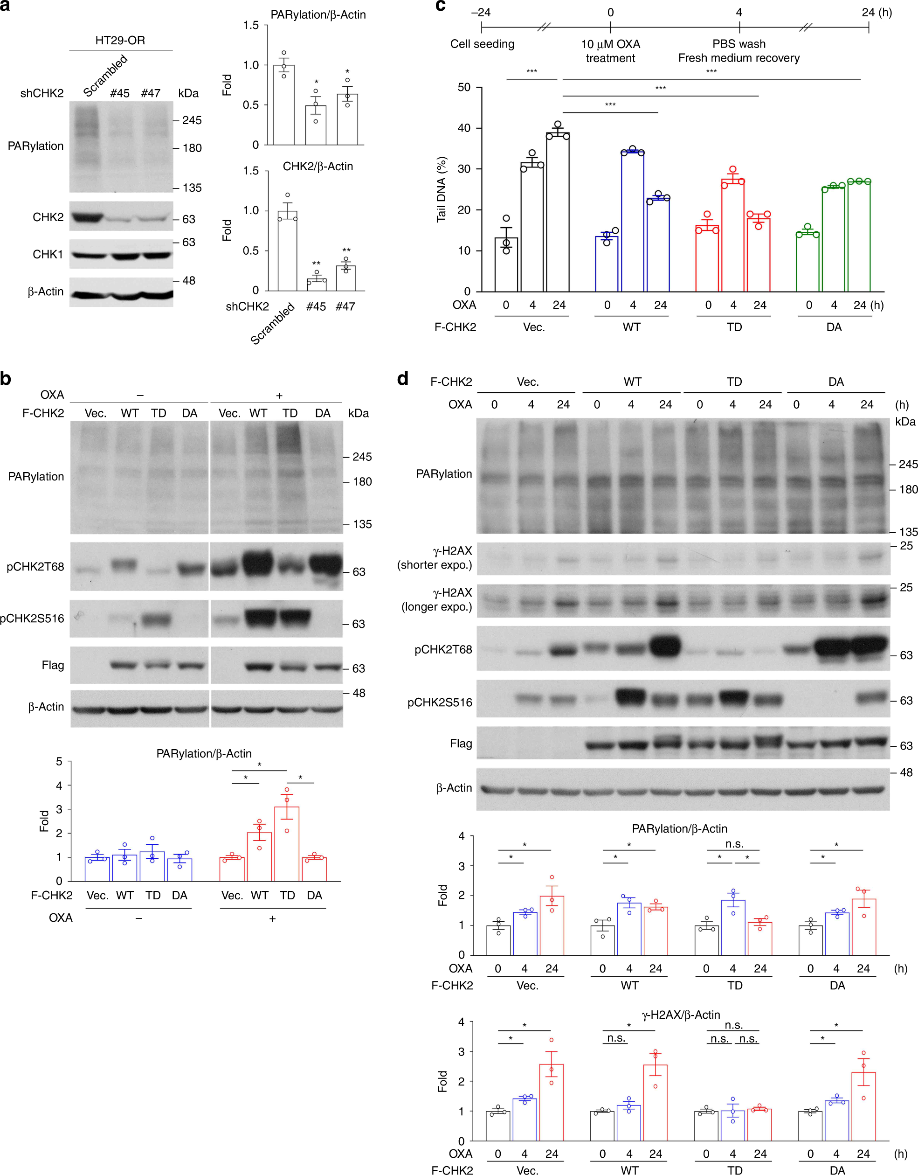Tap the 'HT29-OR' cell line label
(x=120, y=41)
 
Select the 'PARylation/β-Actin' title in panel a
(x=318, y=14)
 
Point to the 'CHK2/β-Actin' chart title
(x=318, y=166)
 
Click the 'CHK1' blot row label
(x=48, y=254)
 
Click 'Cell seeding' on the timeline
(x=482, y=44)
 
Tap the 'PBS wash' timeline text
(x=739, y=44)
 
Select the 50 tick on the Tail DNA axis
(x=464, y=87)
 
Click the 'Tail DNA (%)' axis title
(x=442, y=189)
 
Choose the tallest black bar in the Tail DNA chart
(x=558, y=213)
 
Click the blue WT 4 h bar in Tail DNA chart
(x=632, y=222)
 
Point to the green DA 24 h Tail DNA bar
(x=859, y=236)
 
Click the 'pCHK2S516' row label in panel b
(x=32, y=619)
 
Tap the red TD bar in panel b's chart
(x=287, y=844)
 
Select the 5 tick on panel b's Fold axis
(x=59, y=762)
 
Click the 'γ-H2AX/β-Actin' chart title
(x=680, y=1015)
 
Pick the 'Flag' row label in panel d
(x=461, y=744)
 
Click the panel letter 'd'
(x=403, y=379)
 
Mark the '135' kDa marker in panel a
(x=192, y=188)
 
